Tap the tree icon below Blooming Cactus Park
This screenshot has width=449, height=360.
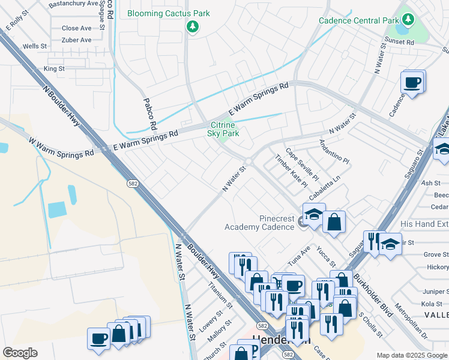click(x=192, y=26)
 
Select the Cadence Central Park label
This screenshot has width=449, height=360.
click(x=358, y=20)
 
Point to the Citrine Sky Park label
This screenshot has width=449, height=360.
click(x=224, y=129)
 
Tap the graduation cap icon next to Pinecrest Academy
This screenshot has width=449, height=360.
click(x=313, y=214)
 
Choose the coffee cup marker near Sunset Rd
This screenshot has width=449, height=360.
click(x=412, y=82)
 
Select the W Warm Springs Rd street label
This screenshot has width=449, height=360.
click(x=61, y=146)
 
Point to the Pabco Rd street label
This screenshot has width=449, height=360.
click(x=149, y=115)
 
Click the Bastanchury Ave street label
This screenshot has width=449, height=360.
click(x=73, y=4)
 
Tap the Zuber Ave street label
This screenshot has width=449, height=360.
click(x=76, y=40)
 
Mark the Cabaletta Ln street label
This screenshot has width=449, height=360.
click(x=325, y=188)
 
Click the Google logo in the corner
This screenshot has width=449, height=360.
click(x=20, y=352)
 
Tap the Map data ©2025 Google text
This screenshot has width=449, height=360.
click(x=412, y=355)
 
